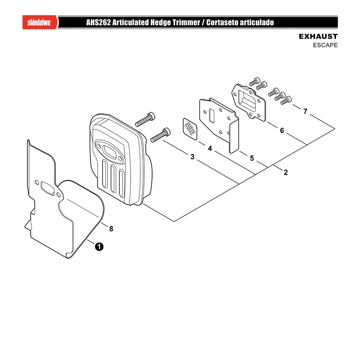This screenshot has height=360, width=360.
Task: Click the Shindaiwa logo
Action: click(39, 22)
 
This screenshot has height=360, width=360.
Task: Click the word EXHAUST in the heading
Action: click(318, 36)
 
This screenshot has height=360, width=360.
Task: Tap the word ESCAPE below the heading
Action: click(325, 45)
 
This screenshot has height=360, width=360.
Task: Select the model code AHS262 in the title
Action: click(98, 22)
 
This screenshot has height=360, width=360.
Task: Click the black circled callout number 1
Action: click(99, 247)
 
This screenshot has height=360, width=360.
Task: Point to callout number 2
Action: click(286, 172)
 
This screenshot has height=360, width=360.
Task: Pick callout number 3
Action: click(193, 157)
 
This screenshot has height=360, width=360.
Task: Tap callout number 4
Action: click(210, 148)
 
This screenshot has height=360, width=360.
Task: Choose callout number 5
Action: click(252, 158)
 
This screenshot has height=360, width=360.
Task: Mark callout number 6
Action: click(282, 130)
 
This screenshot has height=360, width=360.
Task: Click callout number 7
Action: click(305, 111)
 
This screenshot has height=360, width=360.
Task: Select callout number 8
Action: click(111, 229)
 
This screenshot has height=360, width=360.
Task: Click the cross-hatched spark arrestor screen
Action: click(190, 129)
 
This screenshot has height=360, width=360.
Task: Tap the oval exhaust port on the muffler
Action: click(109, 151)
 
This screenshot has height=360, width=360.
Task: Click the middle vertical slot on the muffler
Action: click(113, 179)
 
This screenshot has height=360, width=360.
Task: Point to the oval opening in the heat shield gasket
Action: click(48, 189)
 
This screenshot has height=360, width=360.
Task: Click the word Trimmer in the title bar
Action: click(186, 22)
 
